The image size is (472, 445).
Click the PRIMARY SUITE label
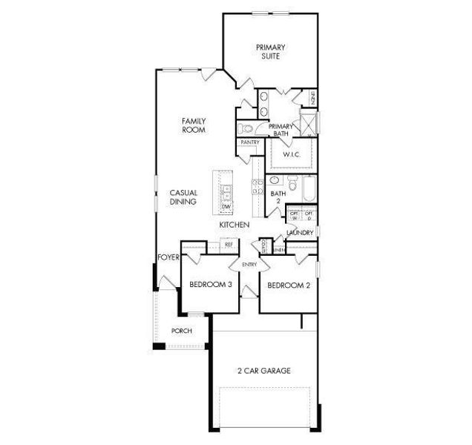(271, 52)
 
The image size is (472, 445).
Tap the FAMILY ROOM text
(194, 125)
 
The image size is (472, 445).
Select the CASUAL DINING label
(183, 197)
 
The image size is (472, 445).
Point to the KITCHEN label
(234, 224)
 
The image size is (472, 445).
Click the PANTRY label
(249, 142)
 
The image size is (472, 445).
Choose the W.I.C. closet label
(290, 154)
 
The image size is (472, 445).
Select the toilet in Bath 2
(292, 183)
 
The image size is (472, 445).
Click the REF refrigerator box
(229, 244)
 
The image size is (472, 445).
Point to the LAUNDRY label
(299, 233)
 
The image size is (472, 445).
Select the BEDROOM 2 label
(288, 285)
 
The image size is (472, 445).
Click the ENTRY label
(249, 263)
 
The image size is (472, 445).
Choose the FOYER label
(168, 257)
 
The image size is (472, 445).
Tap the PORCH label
(181, 332)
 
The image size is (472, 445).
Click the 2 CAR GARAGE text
(263, 370)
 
